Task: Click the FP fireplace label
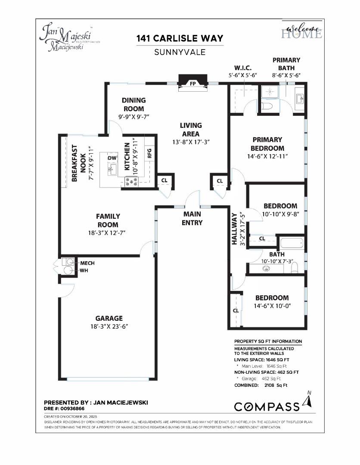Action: click(x=192, y=84)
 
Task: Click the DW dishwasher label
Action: click(x=112, y=158)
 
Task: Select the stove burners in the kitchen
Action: click(x=131, y=183)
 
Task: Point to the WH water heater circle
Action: click(x=68, y=270)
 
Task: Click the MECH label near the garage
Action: click(x=87, y=263)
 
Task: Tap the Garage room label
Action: click(x=109, y=318)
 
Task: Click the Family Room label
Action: click(x=108, y=220)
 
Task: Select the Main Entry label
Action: click(x=192, y=218)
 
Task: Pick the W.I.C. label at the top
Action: click(x=242, y=68)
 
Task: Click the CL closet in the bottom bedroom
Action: click(x=236, y=310)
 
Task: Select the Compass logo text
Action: click(x=267, y=406)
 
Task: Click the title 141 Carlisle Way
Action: click(x=180, y=38)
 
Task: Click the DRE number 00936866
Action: click(x=64, y=408)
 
